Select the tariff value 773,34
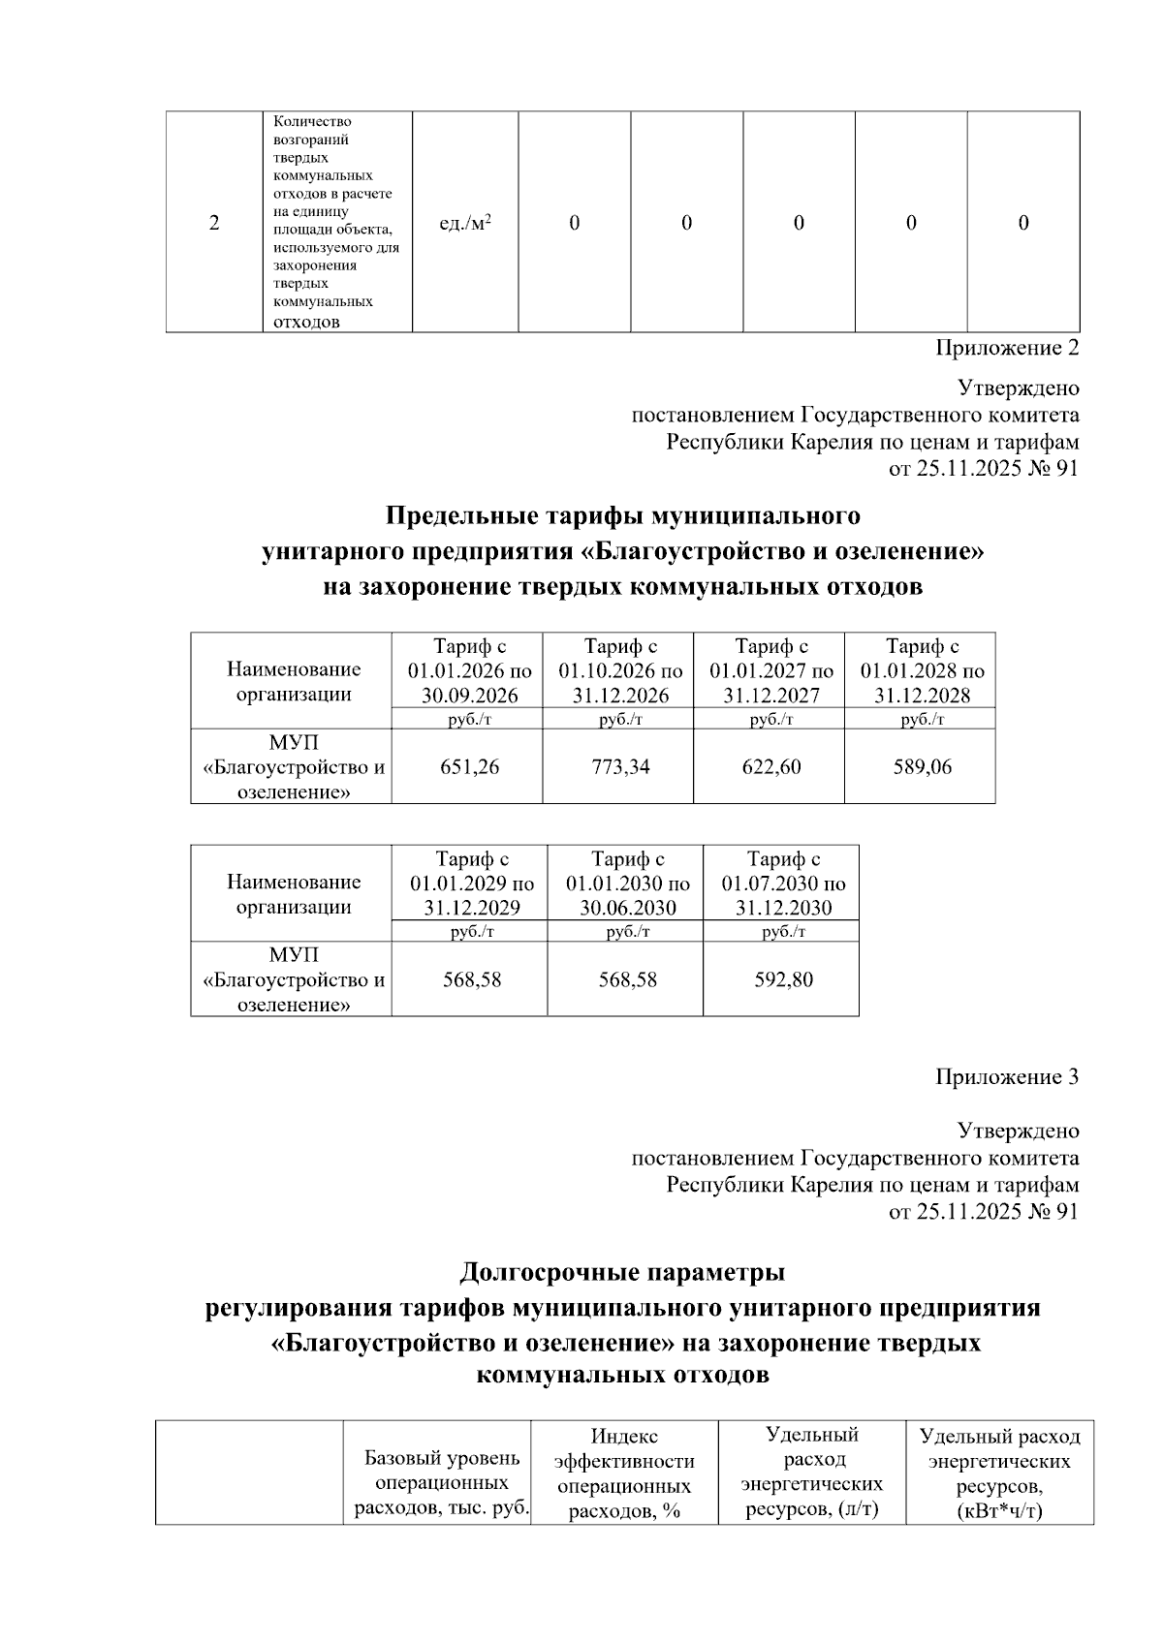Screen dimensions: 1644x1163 pos(620,767)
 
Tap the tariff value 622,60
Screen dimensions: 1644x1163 pos(771,767)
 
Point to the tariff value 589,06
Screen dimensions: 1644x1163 pos(922,767)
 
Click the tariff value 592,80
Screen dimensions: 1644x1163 pos(783,979)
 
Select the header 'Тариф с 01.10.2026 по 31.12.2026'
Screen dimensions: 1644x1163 pos(620,670)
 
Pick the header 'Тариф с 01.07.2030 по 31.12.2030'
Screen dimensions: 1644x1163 pos(783,883)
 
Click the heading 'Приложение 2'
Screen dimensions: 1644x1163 pos(1006,348)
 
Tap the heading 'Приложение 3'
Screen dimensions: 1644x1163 pos(1006,1077)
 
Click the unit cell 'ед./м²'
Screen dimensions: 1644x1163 pos(464,224)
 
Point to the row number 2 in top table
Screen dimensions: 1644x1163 pos(213,224)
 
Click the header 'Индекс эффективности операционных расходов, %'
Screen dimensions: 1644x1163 pos(624,1473)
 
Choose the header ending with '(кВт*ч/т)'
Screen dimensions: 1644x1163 pos(999,1473)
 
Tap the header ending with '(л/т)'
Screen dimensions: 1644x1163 pos(811,1472)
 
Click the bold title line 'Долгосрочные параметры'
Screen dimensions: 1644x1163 pos(622,1271)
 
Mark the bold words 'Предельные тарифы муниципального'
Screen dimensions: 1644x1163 pos(622,514)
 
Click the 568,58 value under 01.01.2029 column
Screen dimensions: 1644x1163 pos(472,979)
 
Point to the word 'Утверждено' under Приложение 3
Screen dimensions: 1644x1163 pos(1018,1132)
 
